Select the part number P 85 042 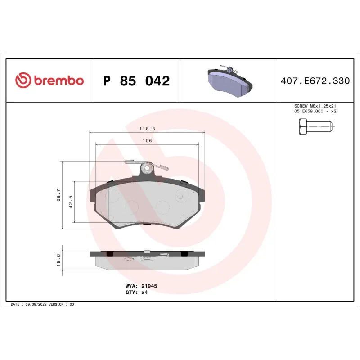pyautogui.click(x=136, y=81)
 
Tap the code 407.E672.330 pyautogui.click(x=315, y=81)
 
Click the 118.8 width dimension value pyautogui.click(x=147, y=129)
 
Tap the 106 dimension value pyautogui.click(x=147, y=141)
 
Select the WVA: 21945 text pyautogui.click(x=140, y=286)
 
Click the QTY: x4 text pyautogui.click(x=136, y=292)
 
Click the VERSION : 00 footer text pyautogui.click(x=63, y=305)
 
